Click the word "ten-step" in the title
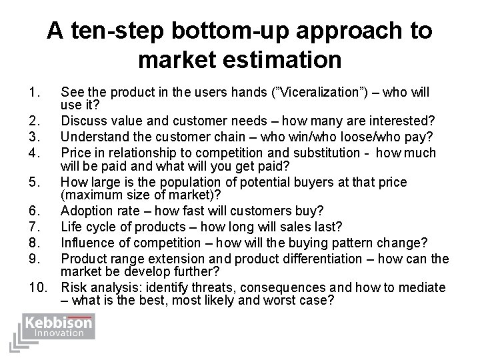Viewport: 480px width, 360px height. tap(119, 31)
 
